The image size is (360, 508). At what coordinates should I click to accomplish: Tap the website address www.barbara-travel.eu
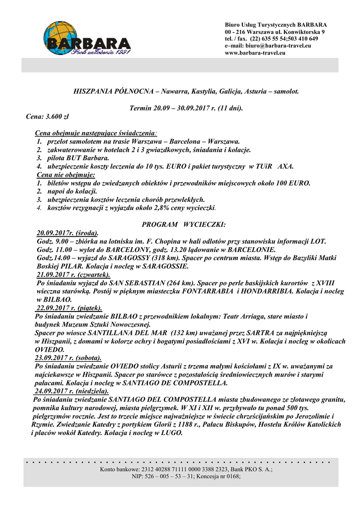click(x=255, y=53)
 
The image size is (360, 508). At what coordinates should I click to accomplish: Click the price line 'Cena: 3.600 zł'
click(x=47, y=117)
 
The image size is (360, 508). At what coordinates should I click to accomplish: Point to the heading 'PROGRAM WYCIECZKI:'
click(x=184, y=225)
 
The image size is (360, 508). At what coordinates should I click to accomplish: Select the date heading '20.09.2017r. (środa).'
click(x=68, y=233)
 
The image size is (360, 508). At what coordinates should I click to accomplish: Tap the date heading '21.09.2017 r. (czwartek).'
click(x=73, y=274)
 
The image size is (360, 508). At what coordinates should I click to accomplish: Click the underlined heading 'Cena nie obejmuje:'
click(x=66, y=175)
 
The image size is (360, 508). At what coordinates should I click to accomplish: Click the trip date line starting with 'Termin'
click(x=186, y=108)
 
